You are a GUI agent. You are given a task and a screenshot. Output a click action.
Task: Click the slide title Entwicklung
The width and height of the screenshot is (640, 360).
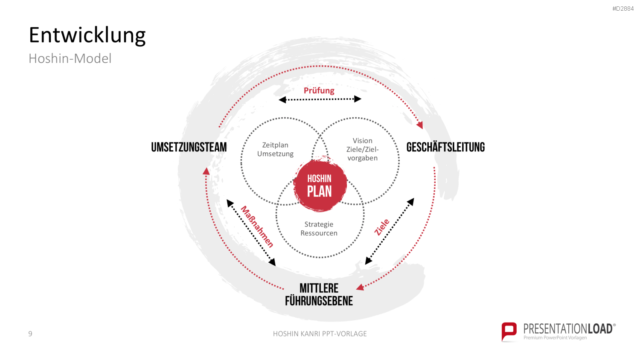(x=87, y=35)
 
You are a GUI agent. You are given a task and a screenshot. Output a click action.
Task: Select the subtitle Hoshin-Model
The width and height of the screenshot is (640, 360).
(x=70, y=58)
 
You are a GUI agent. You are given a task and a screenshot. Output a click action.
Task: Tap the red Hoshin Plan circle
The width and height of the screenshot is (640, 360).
(x=320, y=185)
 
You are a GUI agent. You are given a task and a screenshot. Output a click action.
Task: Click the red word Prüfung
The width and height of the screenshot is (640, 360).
(x=319, y=90)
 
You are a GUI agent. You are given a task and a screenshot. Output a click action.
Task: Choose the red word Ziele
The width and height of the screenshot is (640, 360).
(x=382, y=227)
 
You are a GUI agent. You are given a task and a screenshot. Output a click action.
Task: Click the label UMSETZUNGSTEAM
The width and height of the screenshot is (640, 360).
(x=189, y=147)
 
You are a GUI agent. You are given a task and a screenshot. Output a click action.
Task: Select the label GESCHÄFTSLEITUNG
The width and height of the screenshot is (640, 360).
(x=445, y=147)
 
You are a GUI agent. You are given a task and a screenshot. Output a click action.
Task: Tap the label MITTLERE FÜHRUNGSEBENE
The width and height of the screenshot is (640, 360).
(x=319, y=295)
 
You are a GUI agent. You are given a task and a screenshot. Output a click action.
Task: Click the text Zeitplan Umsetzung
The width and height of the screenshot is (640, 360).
(x=275, y=149)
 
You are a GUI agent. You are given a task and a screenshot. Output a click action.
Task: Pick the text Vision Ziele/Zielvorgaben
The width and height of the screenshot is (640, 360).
(x=362, y=149)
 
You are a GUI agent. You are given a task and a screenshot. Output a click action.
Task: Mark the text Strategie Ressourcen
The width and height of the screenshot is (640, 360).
(x=319, y=229)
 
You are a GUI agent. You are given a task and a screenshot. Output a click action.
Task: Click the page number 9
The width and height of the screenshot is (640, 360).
(x=30, y=334)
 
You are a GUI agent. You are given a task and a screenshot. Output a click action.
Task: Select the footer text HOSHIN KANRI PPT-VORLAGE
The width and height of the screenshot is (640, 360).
(x=320, y=334)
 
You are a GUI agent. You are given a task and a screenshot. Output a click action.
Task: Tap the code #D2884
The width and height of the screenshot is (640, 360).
(x=623, y=9)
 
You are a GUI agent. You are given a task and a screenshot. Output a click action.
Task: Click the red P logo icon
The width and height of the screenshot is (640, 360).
(x=509, y=331)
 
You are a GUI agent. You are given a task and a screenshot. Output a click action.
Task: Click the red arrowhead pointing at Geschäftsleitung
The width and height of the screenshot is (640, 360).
(x=420, y=125)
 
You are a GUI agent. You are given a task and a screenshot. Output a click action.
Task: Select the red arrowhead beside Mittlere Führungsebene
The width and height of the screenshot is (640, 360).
(x=360, y=287)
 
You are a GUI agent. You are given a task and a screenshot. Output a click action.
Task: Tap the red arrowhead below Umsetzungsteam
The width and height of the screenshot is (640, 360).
(x=206, y=171)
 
